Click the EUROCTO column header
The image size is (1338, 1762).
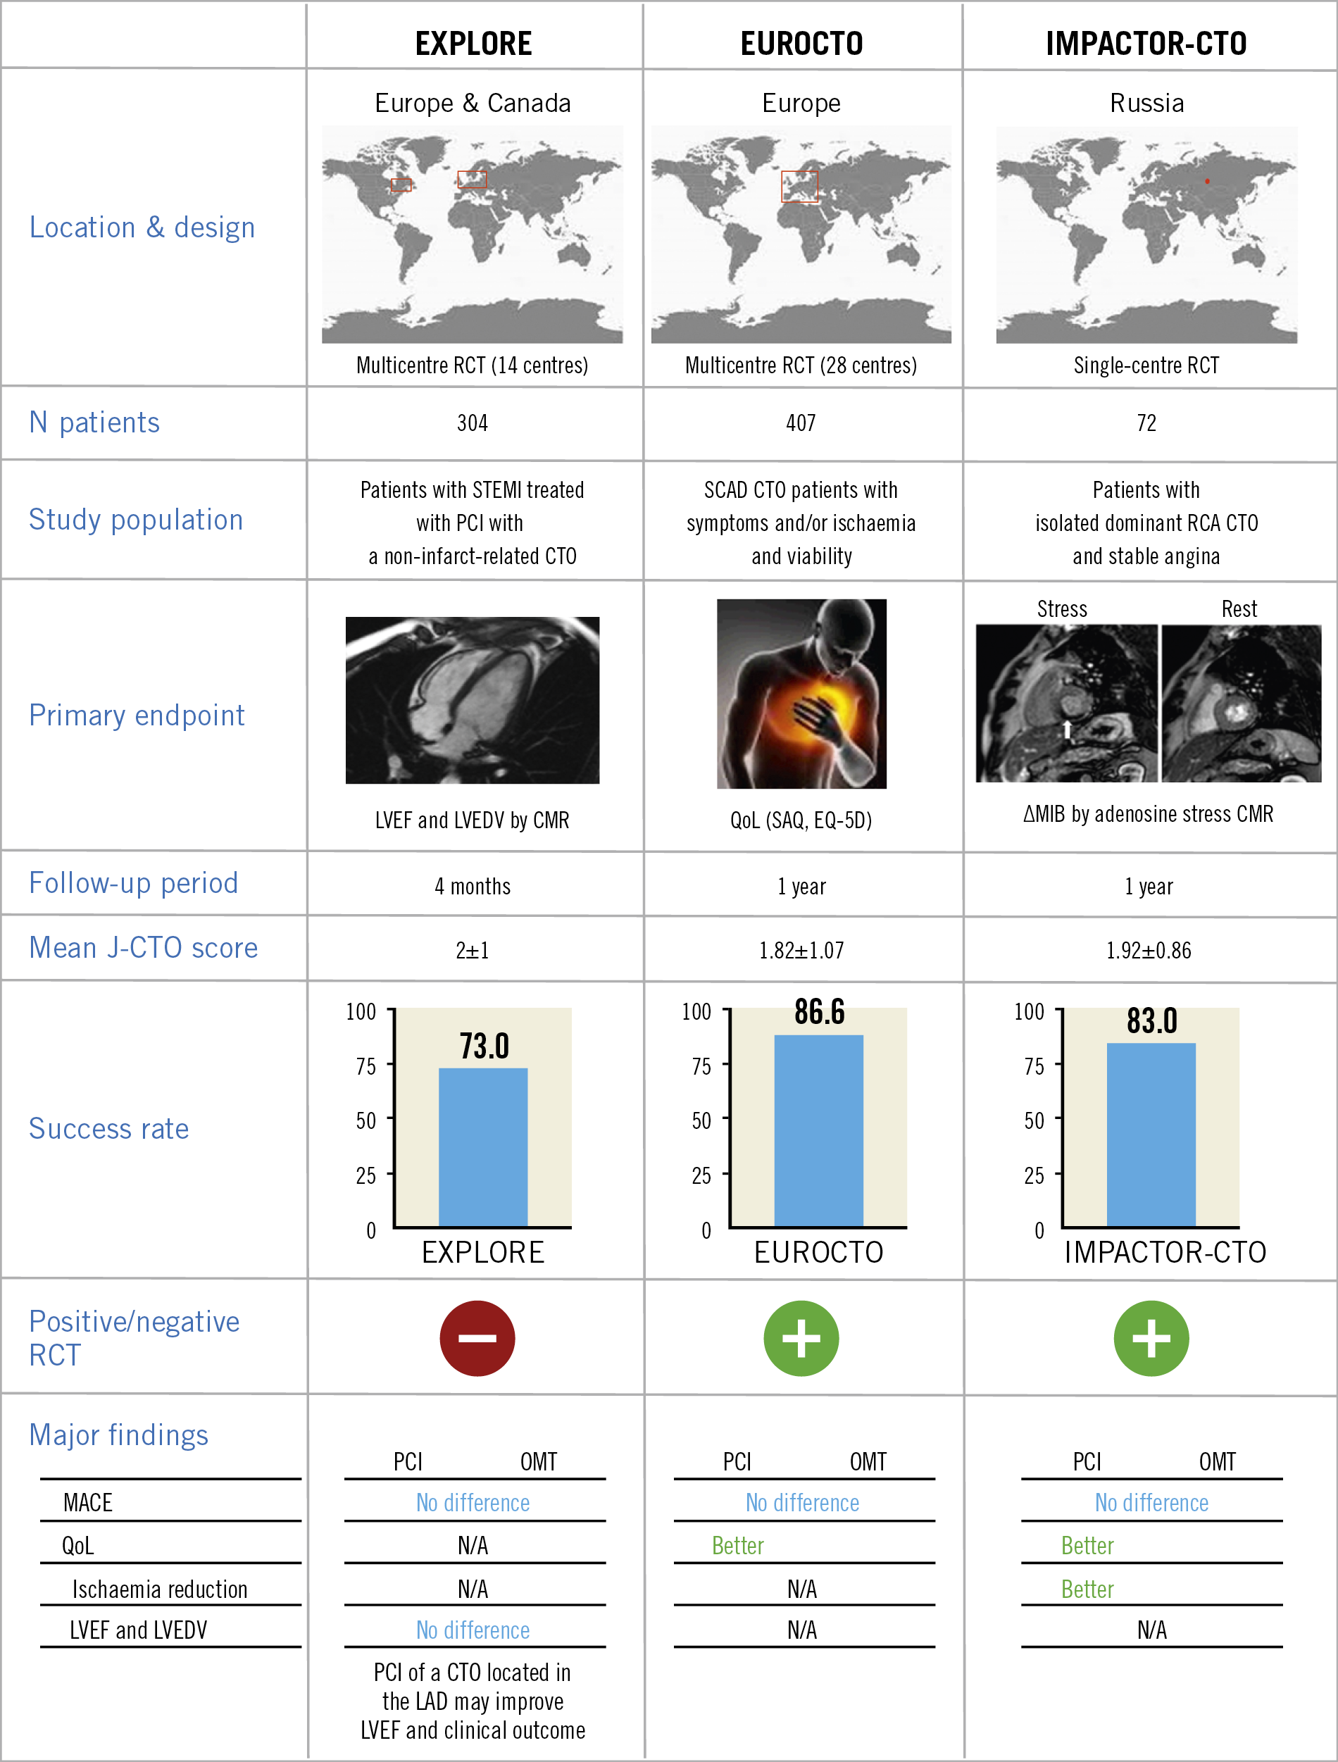pyautogui.click(x=801, y=43)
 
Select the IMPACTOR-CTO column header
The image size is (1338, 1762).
pyautogui.click(x=1146, y=43)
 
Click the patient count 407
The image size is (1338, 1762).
pyautogui.click(x=801, y=423)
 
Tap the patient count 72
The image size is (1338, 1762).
pyautogui.click(x=1146, y=423)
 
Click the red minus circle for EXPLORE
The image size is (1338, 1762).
pyautogui.click(x=477, y=1338)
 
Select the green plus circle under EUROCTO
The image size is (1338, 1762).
pyautogui.click(x=801, y=1338)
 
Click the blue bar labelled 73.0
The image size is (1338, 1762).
pyautogui.click(x=482, y=1147)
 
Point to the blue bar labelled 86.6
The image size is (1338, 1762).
pyautogui.click(x=819, y=1131)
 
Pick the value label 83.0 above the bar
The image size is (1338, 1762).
pyautogui.click(x=1151, y=1020)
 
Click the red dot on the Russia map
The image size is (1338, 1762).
pyautogui.click(x=1208, y=181)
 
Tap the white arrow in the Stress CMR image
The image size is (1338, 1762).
pyautogui.click(x=1067, y=728)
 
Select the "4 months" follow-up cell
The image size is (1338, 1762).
pyautogui.click(x=473, y=887)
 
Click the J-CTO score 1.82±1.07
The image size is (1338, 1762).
pyautogui.click(x=801, y=950)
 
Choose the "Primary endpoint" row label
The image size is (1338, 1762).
pyautogui.click(x=136, y=716)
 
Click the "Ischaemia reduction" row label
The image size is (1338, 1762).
pyautogui.click(x=159, y=1589)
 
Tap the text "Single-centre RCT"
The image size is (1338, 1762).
pyautogui.click(x=1146, y=365)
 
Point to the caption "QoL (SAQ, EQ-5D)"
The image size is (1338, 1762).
pyautogui.click(x=801, y=820)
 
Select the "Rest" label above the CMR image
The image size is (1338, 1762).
pyautogui.click(x=1239, y=609)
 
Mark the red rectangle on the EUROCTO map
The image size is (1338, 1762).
pyautogui.click(x=799, y=187)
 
